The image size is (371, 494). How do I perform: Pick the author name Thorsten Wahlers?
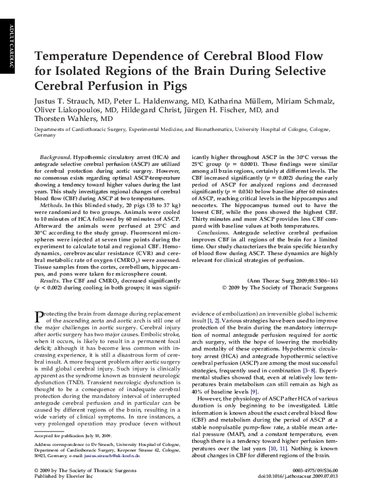[69, 118]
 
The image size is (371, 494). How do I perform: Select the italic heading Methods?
[51, 204]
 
